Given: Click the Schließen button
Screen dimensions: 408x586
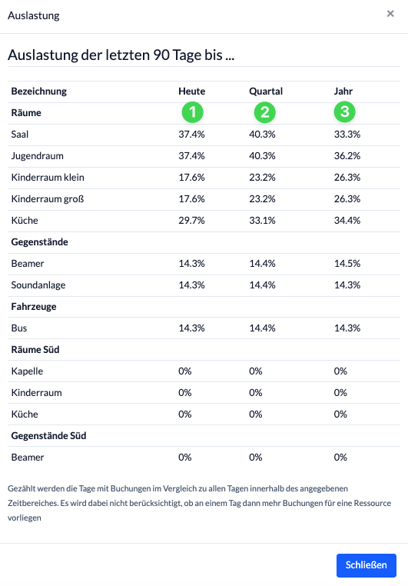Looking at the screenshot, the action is click(367, 565).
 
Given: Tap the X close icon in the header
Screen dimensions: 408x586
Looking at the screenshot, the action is click(390, 14).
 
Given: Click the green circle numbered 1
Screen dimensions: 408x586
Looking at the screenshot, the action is click(193, 112).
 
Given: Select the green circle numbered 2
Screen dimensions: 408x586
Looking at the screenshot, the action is click(264, 112).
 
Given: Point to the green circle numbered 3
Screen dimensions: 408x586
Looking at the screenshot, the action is click(344, 112).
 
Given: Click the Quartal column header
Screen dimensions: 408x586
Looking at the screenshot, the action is click(266, 92).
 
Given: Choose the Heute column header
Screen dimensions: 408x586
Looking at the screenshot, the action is click(192, 92).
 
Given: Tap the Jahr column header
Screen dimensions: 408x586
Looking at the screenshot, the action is click(343, 92).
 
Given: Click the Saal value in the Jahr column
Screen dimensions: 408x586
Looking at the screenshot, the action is click(347, 135).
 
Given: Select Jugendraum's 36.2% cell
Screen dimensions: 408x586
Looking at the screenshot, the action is click(347, 156).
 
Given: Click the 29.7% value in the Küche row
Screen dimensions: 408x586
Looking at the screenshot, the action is click(191, 221).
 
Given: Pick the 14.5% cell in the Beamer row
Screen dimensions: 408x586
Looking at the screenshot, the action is click(347, 264).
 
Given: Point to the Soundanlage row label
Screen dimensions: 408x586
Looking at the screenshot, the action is click(38, 285).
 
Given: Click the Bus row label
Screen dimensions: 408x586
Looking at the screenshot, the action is click(19, 328).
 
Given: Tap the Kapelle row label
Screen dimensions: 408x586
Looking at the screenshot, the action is click(27, 371).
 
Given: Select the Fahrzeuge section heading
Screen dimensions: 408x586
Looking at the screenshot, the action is click(34, 307).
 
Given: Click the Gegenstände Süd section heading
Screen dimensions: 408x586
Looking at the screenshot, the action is click(49, 436).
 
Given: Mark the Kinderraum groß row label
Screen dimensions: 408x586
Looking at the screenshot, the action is click(48, 199).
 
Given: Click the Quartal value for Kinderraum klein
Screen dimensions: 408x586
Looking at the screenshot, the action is click(263, 178).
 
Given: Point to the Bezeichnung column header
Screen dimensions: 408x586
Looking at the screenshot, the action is click(39, 92).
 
